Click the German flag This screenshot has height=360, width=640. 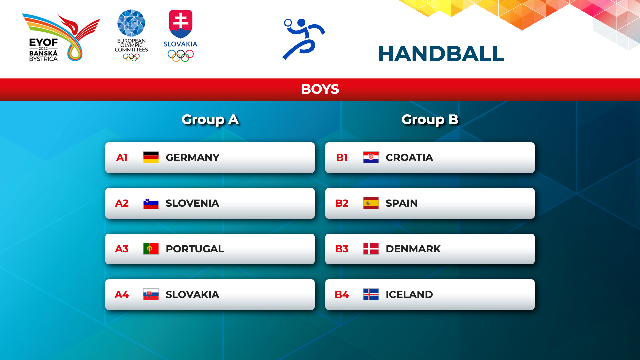(x=151, y=157)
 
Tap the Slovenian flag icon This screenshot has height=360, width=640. (x=151, y=203)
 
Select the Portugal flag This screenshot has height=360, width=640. (x=151, y=249)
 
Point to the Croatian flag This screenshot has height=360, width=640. (x=371, y=157)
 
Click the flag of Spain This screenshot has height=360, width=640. (x=371, y=203)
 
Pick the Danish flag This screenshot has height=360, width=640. (x=371, y=249)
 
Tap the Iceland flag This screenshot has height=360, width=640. (x=371, y=294)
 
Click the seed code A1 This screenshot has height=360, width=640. (x=122, y=157)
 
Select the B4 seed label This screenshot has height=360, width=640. (x=342, y=294)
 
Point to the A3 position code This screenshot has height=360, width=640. (x=122, y=249)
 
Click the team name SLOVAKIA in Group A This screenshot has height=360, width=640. (x=192, y=294)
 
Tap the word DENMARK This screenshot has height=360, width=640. (x=413, y=249)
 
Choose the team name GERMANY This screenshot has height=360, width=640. (x=192, y=157)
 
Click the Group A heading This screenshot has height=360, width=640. (x=210, y=119)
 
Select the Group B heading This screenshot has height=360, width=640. (x=430, y=119)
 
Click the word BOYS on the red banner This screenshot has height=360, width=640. (x=320, y=89)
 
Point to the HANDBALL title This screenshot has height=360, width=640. (x=441, y=54)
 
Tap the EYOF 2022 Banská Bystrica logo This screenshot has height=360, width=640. (x=61, y=37)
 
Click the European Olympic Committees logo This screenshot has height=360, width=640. (x=131, y=35)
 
